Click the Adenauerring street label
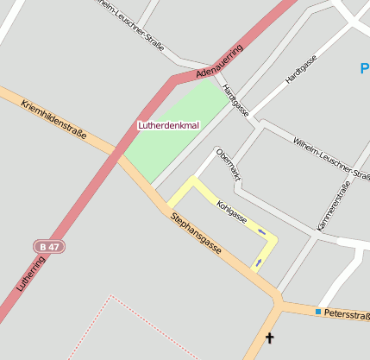pos(221,62)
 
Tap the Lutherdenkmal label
pos(169,126)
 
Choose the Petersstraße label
pos(347,313)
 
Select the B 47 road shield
pos(50,247)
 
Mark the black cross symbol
pos(270,338)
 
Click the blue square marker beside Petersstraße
pos(318,311)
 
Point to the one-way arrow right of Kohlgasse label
pos(262,231)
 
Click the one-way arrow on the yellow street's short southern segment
pos(258,262)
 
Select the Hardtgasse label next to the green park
pos(235,101)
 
